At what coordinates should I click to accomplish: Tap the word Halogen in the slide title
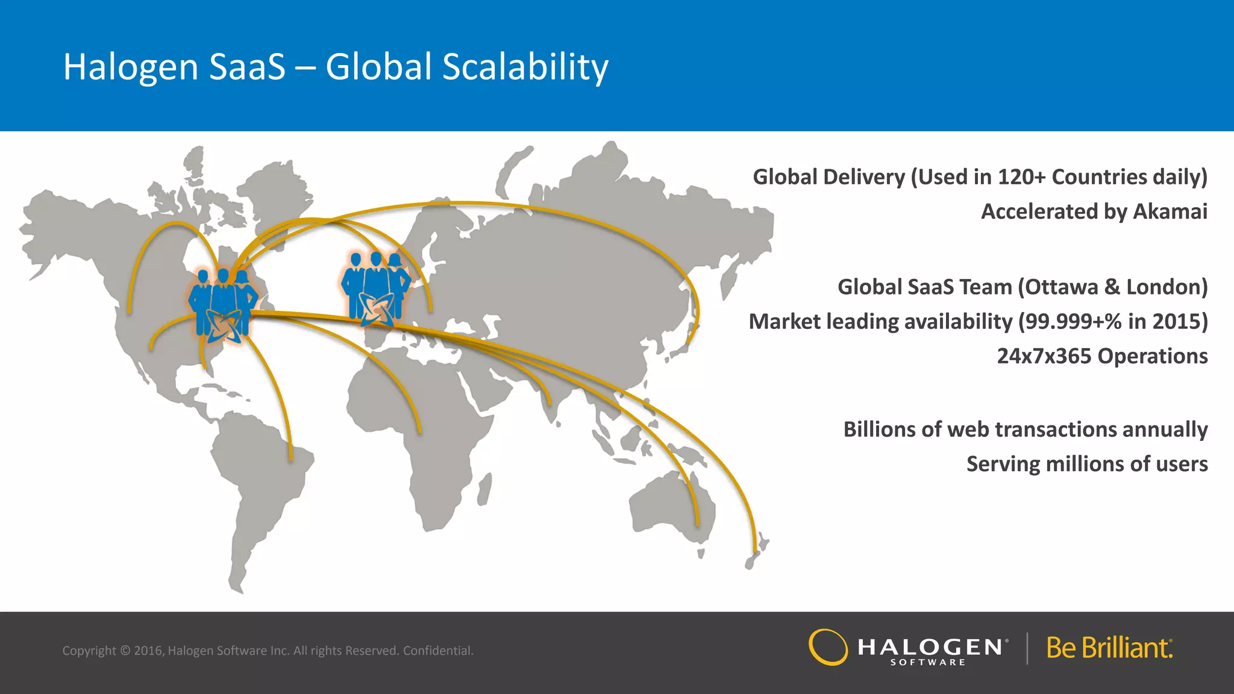click(131, 67)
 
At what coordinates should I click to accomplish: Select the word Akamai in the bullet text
click(1170, 211)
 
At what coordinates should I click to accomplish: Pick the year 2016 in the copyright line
click(148, 651)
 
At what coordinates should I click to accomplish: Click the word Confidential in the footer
click(438, 651)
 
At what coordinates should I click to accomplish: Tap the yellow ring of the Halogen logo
click(828, 647)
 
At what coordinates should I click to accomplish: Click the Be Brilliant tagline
click(1109, 648)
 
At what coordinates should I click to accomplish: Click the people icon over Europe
click(376, 288)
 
